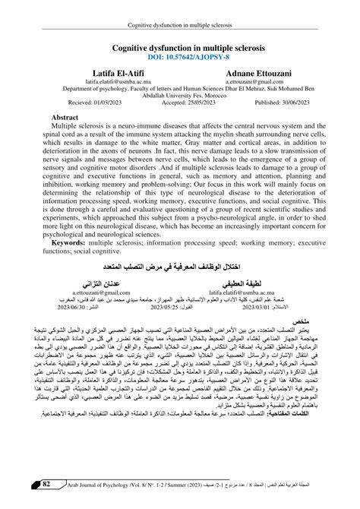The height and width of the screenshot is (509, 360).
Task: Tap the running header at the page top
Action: pyautogui.click(x=180, y=6)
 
